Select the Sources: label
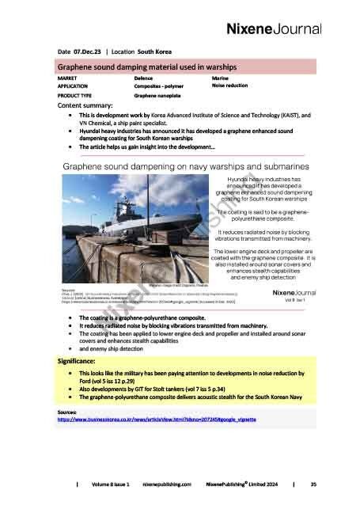(71, 412)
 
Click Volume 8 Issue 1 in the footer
(109, 482)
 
